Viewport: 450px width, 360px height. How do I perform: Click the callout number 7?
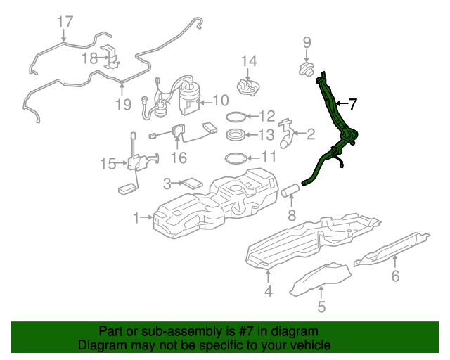pyautogui.click(x=352, y=104)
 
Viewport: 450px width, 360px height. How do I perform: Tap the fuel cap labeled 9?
pyautogui.click(x=307, y=69)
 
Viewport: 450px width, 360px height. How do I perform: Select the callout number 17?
pyautogui.click(x=65, y=22)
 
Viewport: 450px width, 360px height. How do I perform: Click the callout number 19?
pyautogui.click(x=124, y=104)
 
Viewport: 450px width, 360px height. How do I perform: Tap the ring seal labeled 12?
pyautogui.click(x=236, y=117)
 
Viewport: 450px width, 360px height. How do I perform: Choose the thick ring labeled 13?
pyautogui.click(x=236, y=135)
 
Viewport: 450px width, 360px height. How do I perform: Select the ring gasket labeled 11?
pyautogui.click(x=236, y=158)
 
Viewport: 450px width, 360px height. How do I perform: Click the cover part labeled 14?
pyautogui.click(x=248, y=88)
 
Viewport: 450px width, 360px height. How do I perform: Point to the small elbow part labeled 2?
pyautogui.click(x=287, y=134)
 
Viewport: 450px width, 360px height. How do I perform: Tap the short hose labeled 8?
pyautogui.click(x=290, y=191)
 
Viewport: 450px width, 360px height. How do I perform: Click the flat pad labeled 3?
pyautogui.click(x=193, y=183)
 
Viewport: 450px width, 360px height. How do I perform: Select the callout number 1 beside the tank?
pyautogui.click(x=136, y=218)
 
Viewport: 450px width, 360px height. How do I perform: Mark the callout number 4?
pyautogui.click(x=269, y=291)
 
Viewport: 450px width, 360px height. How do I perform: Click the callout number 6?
pyautogui.click(x=395, y=276)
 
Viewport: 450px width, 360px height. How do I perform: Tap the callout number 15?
pyautogui.click(x=108, y=164)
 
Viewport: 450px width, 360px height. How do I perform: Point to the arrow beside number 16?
pyautogui.click(x=177, y=143)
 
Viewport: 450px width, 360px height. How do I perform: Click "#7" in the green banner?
pyautogui.click(x=246, y=331)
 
